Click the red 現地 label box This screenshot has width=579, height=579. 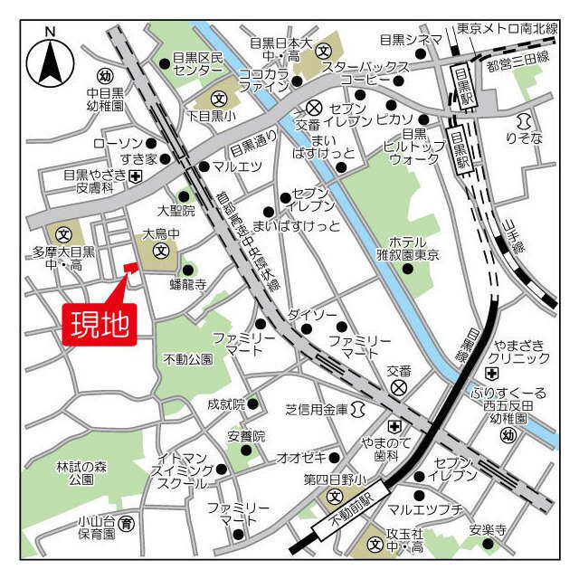pos(99,323)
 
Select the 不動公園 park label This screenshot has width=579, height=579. pos(188,359)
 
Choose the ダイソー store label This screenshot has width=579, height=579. pos(312,314)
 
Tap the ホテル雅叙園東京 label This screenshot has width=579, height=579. pos(413,249)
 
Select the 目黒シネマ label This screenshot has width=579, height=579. pos(404,39)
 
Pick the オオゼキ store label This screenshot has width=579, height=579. pos(299,457)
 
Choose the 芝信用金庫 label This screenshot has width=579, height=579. pos(316,410)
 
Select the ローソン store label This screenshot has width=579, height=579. pos(118,143)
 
